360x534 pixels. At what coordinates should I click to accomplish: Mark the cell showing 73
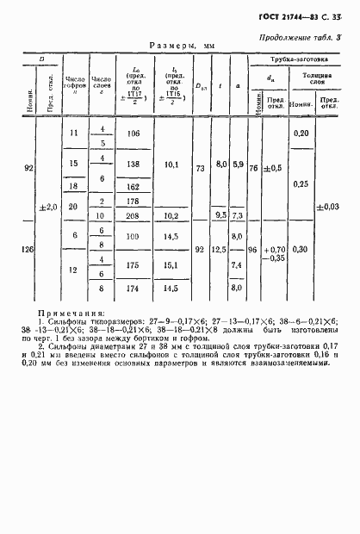[x=201, y=171]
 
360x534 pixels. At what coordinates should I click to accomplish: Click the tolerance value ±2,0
[x=49, y=207]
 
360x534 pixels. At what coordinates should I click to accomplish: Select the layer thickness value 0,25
[x=301, y=184]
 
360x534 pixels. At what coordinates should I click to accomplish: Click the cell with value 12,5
[x=222, y=250]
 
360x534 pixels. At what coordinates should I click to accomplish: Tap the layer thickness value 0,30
[x=301, y=250]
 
